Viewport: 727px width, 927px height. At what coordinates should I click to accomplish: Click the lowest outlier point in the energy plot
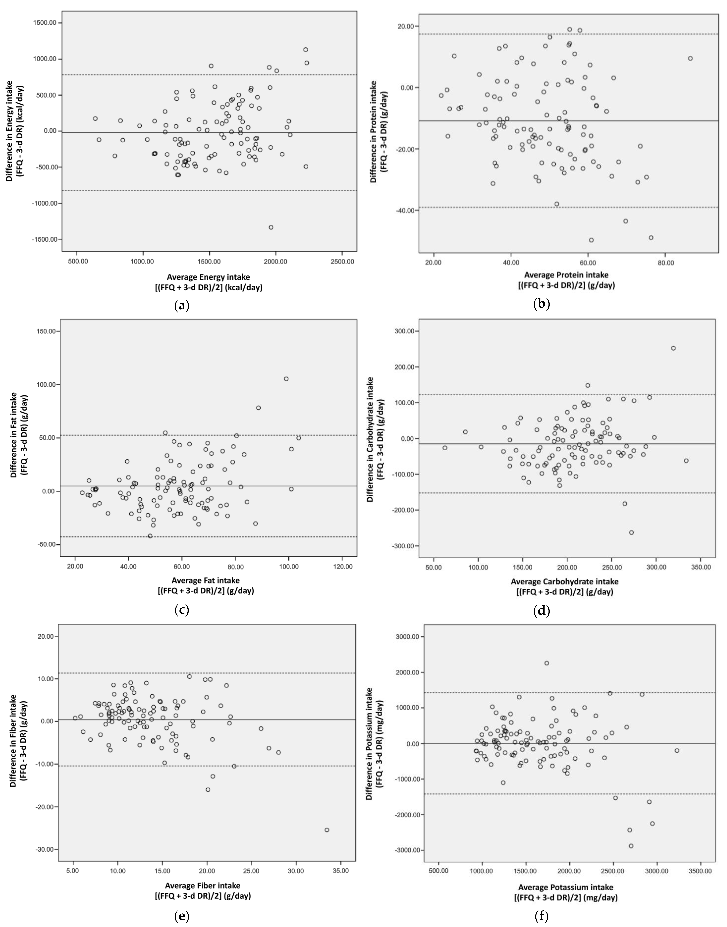click(271, 227)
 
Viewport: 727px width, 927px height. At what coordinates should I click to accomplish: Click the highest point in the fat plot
click(286, 379)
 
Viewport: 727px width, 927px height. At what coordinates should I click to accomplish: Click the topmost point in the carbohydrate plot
click(673, 348)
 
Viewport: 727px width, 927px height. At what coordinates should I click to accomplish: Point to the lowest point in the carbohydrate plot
click(631, 532)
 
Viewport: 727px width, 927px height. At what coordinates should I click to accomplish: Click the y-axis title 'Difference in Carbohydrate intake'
click(370, 439)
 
